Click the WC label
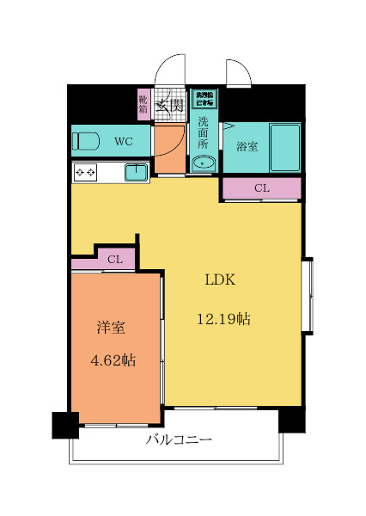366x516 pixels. tap(123, 141)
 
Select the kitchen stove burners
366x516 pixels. tap(86, 173)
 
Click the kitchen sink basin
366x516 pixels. tap(136, 173)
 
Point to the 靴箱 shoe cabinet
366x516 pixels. tap(143, 104)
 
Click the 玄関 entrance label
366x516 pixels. tap(171, 105)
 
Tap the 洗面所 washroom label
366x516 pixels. tap(204, 132)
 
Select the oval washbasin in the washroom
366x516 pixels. tap(204, 163)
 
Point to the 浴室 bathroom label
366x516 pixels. tap(247, 146)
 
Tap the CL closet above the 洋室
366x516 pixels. tap(115, 259)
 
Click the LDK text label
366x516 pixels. tap(219, 280)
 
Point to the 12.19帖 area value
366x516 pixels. tap(223, 319)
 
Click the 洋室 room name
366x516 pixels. tap(111, 328)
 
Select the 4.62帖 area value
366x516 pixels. tap(113, 360)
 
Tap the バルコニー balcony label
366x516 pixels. tap(178, 440)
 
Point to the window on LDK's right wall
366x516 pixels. tap(307, 295)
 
